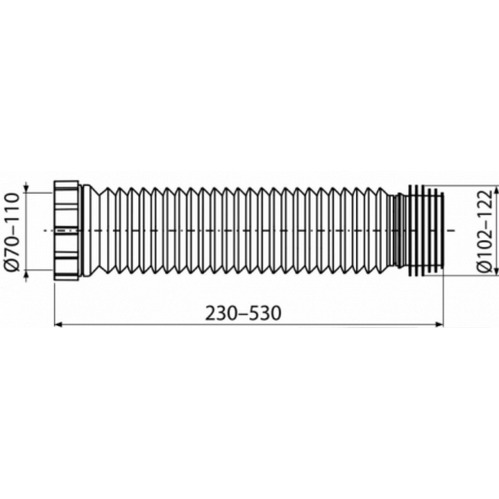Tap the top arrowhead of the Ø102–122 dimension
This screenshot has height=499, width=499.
496,190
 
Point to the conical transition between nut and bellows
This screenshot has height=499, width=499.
90,231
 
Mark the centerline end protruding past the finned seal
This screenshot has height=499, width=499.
451,231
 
